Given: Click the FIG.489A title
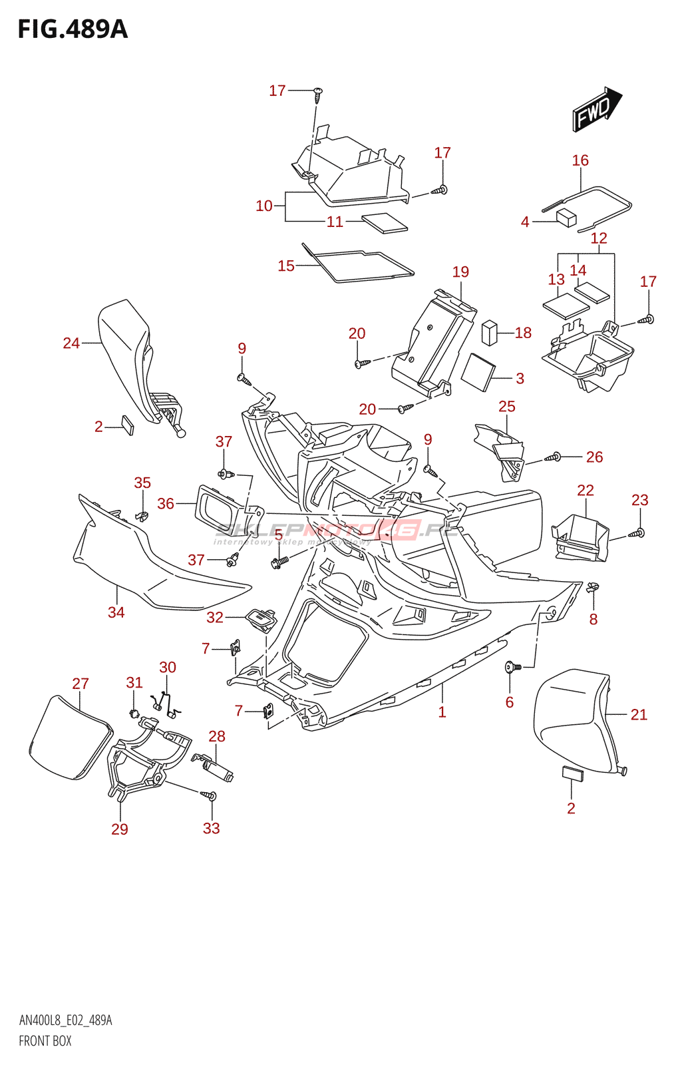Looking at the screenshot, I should click(73, 29).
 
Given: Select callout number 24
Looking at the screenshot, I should click(71, 343).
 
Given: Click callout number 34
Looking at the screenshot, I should click(116, 612).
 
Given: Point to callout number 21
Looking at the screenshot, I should click(639, 715).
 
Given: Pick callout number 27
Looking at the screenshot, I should click(81, 684).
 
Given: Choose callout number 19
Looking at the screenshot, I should click(460, 272).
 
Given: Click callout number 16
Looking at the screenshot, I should click(580, 160).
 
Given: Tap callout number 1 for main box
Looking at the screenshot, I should click(442, 712).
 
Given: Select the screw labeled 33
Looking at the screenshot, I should click(210, 795).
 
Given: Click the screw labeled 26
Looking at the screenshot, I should click(554, 457).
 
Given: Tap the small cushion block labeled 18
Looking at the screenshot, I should click(489, 333).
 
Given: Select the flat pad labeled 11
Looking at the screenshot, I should click(384, 222).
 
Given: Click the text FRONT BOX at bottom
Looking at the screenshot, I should click(45, 1041).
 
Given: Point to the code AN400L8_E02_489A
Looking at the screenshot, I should click(65, 1020).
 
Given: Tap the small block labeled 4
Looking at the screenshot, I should click(566, 218).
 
